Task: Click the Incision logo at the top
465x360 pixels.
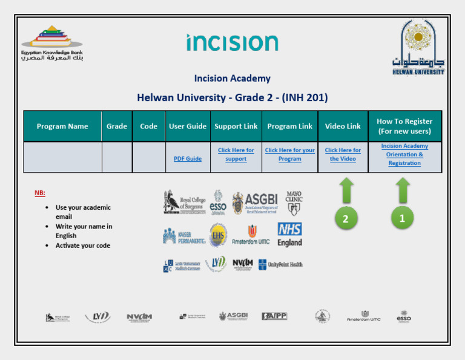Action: tap(232, 43)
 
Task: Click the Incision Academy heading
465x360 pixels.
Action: tap(232, 78)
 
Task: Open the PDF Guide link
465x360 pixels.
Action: tap(187, 159)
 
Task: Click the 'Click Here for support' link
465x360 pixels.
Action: tap(236, 155)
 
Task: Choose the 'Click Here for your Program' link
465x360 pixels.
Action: tap(289, 155)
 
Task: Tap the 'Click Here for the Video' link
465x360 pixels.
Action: tap(343, 155)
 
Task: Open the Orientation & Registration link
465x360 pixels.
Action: tap(404, 155)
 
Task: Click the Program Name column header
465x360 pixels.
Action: tap(62, 126)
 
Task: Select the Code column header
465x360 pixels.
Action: tap(148, 126)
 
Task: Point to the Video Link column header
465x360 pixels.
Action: tap(343, 126)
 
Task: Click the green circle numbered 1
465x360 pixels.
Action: tap(402, 219)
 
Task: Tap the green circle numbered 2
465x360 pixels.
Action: tap(345, 219)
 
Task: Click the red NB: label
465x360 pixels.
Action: tap(39, 193)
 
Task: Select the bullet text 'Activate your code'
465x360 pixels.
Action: tap(83, 245)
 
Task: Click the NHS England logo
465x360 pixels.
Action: tap(289, 235)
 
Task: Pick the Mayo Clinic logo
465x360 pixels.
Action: tap(294, 203)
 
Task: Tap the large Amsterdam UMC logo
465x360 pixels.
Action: tap(251, 235)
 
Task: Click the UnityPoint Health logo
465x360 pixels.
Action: tap(280, 264)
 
